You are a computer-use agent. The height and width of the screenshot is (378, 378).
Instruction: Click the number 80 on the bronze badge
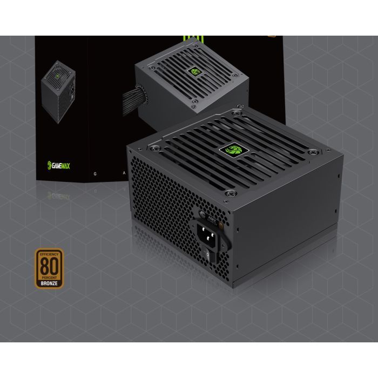point(49,267)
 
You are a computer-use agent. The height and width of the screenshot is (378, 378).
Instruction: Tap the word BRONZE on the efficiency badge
point(49,281)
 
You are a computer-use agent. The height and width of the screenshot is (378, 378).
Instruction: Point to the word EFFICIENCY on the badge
point(49,253)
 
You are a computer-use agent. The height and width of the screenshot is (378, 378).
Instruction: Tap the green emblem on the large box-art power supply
point(195,73)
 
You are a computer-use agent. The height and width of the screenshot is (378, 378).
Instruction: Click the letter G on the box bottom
point(96,174)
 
